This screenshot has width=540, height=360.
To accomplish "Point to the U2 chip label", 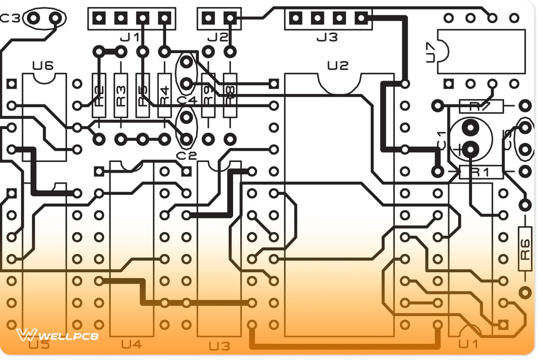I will (338, 66).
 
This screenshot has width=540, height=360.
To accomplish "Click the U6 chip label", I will (43, 66).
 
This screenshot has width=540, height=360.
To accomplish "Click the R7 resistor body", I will (481, 106).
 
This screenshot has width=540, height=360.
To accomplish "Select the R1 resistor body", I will (481, 172).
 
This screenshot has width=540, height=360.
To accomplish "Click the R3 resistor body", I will (121, 95).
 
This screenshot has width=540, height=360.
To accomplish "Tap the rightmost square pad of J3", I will (360, 18).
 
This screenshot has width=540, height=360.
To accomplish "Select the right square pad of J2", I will (230, 18).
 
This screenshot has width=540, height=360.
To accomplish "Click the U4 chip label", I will (131, 345).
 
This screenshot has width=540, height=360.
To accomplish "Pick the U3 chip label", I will (219, 346).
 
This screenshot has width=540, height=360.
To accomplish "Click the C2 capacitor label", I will (186, 156).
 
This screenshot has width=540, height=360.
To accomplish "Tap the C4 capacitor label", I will (187, 99).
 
